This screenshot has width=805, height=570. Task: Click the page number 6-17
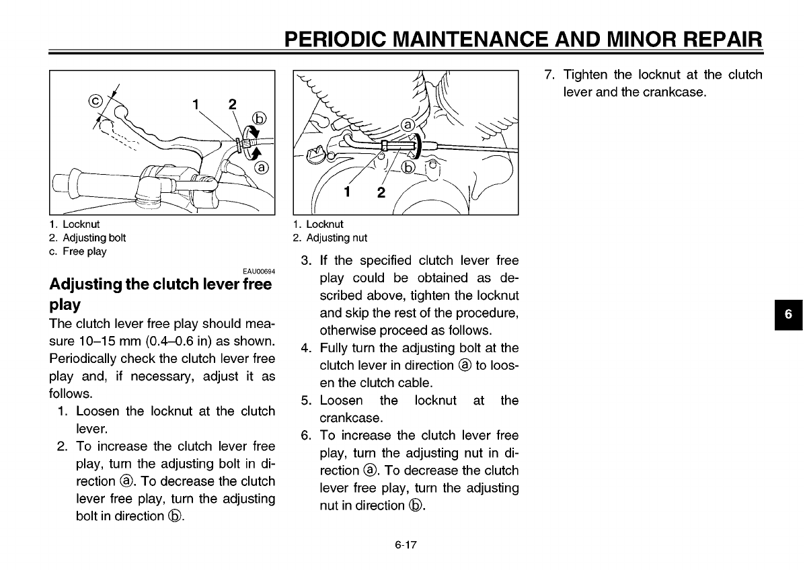pyautogui.click(x=407, y=545)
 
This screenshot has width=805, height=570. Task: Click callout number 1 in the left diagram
pyautogui.click(x=196, y=105)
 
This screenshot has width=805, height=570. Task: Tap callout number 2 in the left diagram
pyautogui.click(x=232, y=105)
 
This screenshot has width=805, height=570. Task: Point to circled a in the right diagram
pyautogui.click(x=408, y=125)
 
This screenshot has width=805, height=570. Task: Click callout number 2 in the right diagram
pyautogui.click(x=381, y=193)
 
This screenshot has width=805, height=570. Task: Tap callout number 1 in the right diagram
pyautogui.click(x=348, y=192)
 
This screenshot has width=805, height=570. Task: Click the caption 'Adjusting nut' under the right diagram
pyautogui.click(x=336, y=237)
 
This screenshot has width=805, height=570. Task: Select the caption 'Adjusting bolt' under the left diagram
pyautogui.click(x=93, y=237)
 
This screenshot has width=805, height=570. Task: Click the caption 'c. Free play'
pyautogui.click(x=77, y=251)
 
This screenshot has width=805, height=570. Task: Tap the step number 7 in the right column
pyautogui.click(x=548, y=74)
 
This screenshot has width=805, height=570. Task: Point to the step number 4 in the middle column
pyautogui.click(x=305, y=348)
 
